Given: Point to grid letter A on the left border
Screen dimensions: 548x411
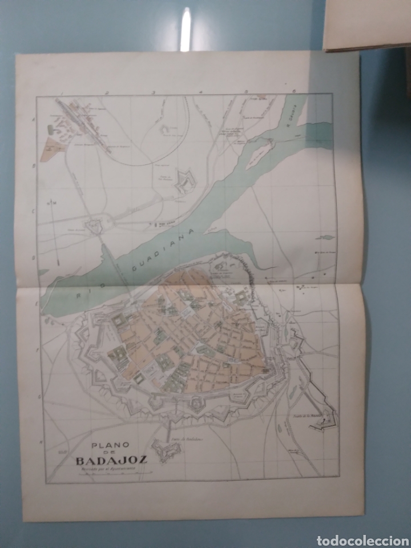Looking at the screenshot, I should (x=34, y=119).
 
